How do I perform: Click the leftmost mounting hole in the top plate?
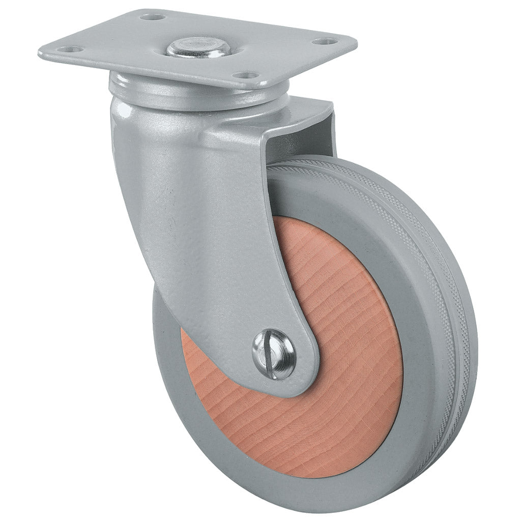click(71, 49)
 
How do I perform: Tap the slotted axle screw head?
click(274, 354)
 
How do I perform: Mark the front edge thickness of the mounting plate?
click(153, 71)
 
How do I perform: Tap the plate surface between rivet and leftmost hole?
click(127, 48)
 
